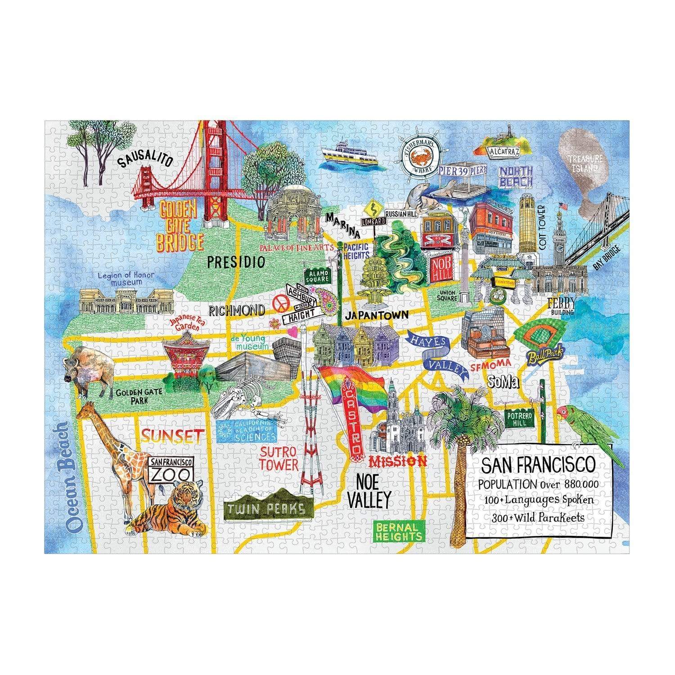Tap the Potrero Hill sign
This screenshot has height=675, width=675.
520,419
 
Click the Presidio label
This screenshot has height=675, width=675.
236,262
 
